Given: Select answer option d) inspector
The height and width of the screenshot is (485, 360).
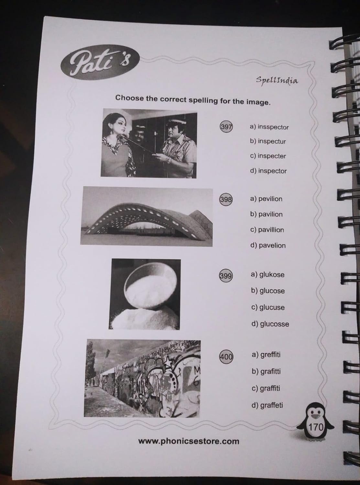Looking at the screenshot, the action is (x=268, y=171).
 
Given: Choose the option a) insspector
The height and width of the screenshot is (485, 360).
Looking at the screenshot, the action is (x=269, y=127).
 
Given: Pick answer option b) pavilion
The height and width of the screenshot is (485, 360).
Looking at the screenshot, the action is (x=266, y=214).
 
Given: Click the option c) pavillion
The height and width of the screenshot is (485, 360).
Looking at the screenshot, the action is (x=267, y=230).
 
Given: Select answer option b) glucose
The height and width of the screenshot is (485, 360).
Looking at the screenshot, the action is (x=268, y=291).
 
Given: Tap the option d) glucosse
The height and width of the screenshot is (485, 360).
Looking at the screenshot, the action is (x=270, y=324).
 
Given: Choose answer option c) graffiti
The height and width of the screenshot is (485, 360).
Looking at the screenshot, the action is (x=266, y=388).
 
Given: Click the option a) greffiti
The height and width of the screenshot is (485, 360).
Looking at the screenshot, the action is (x=266, y=354).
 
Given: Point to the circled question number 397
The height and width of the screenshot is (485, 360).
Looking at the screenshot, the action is (x=226, y=127).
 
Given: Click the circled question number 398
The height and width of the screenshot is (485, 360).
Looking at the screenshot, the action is (x=226, y=199).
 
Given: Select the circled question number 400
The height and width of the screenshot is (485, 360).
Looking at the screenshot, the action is (x=226, y=357).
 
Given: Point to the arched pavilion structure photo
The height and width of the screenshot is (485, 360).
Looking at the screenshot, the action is (x=147, y=217).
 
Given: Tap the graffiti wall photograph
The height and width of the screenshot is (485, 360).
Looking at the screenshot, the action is (x=142, y=378).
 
